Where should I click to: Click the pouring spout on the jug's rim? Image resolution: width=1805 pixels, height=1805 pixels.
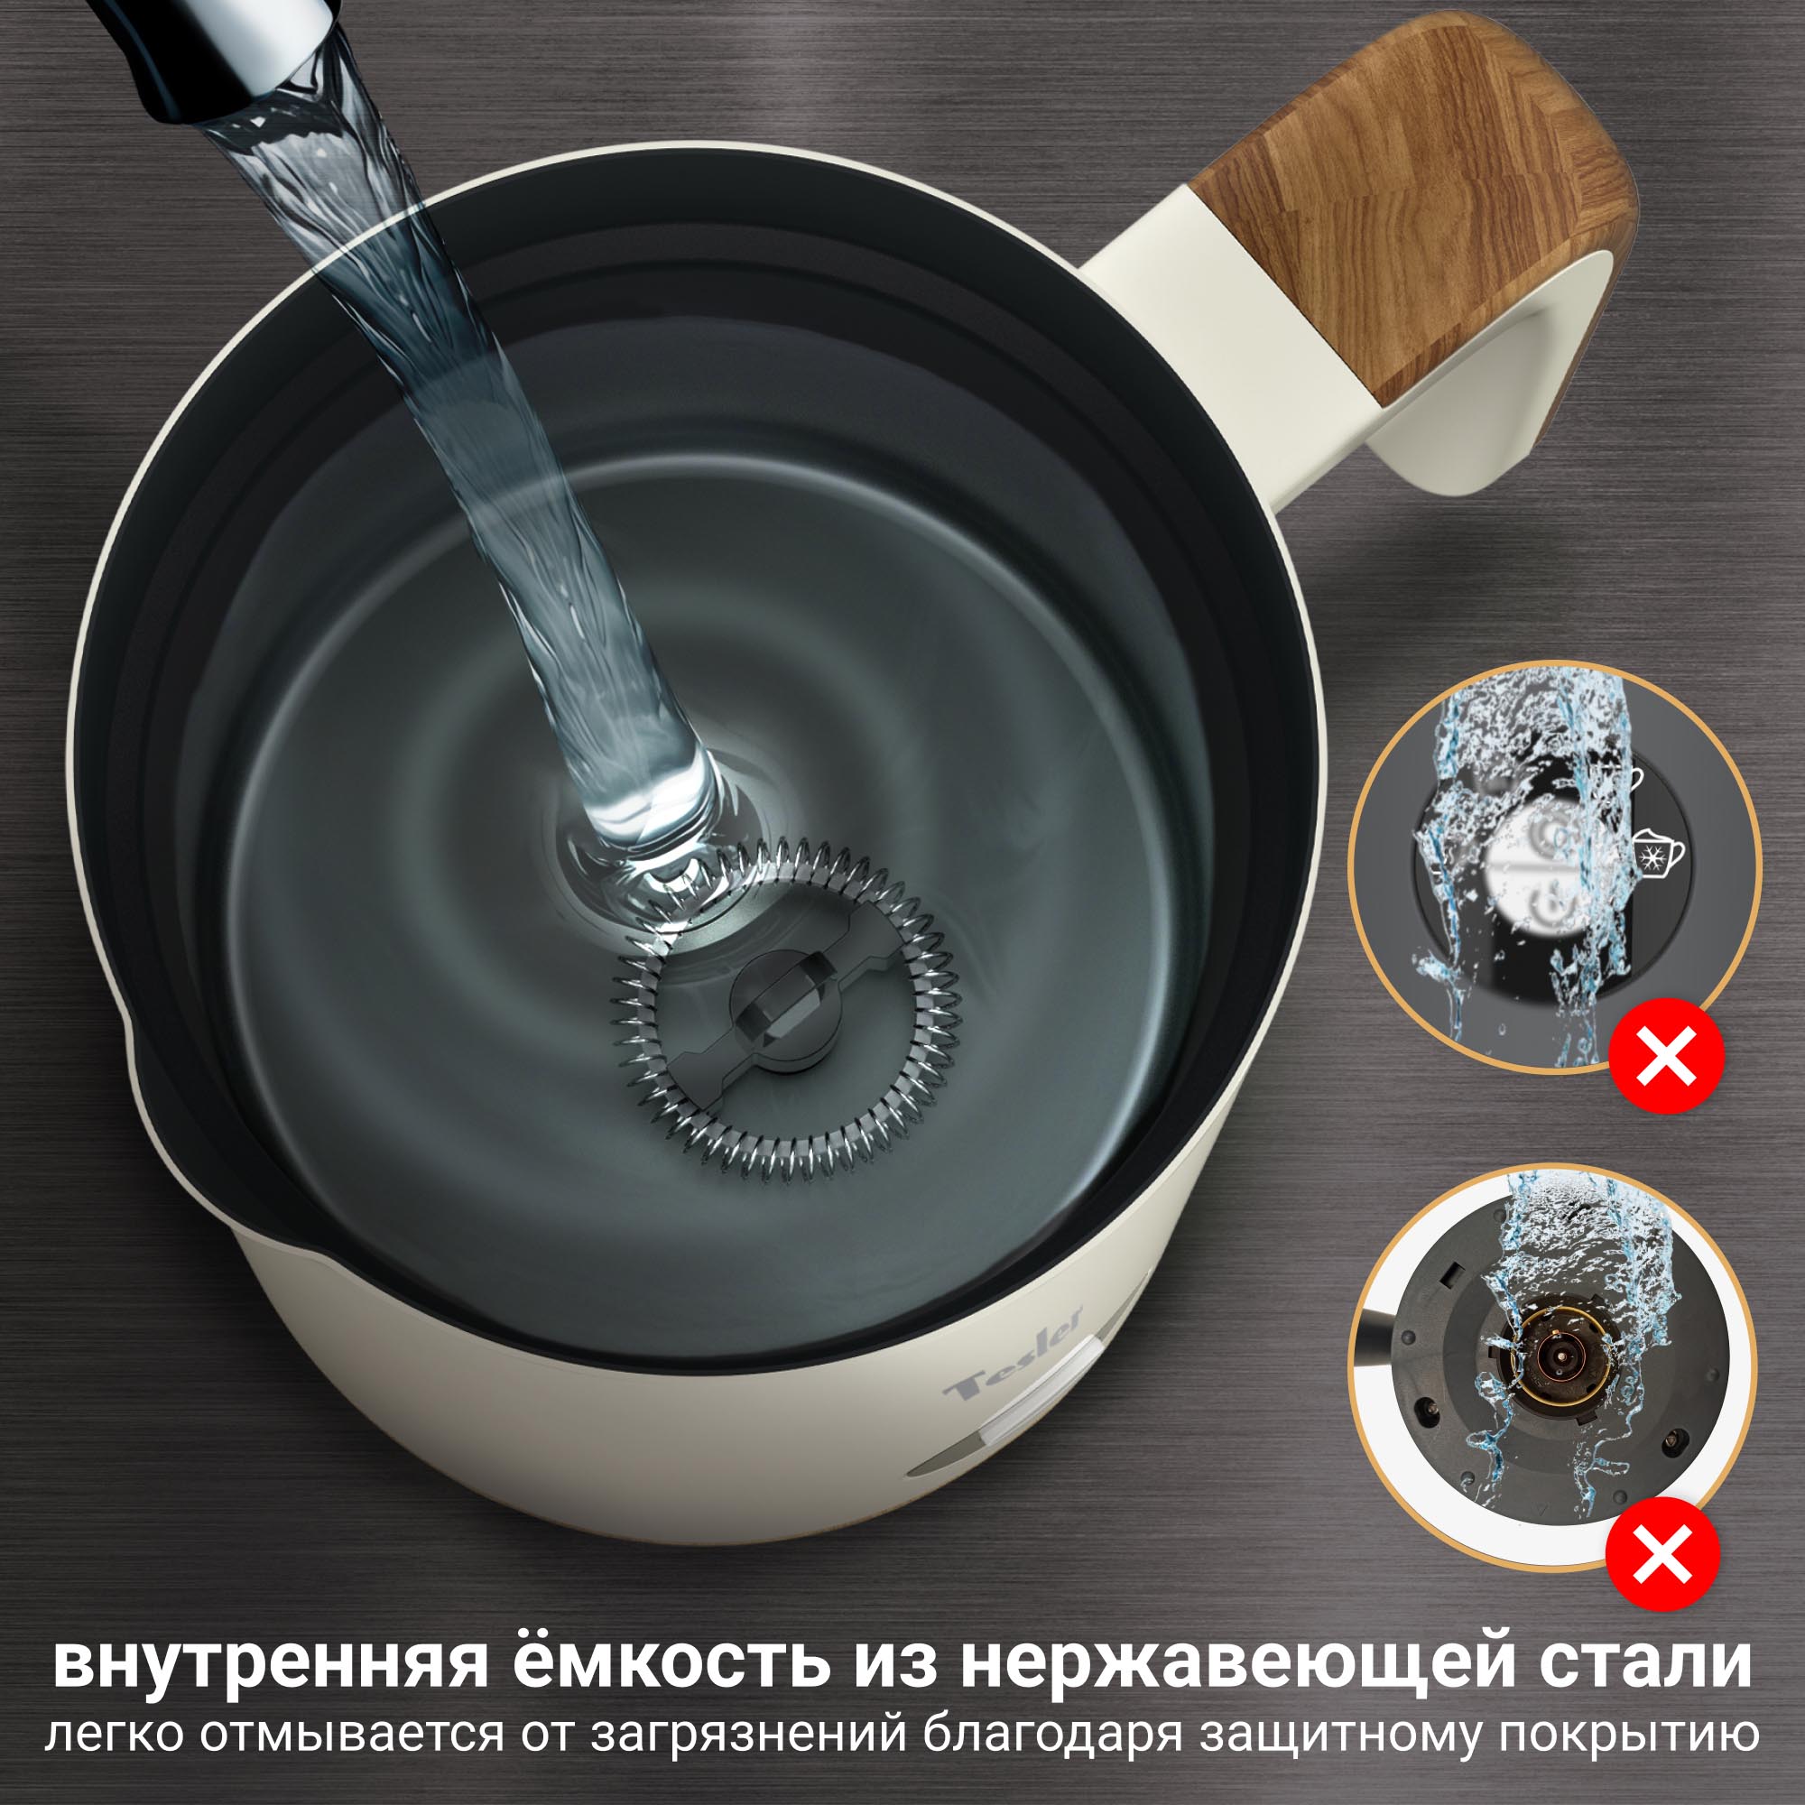[x=140, y=1060]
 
